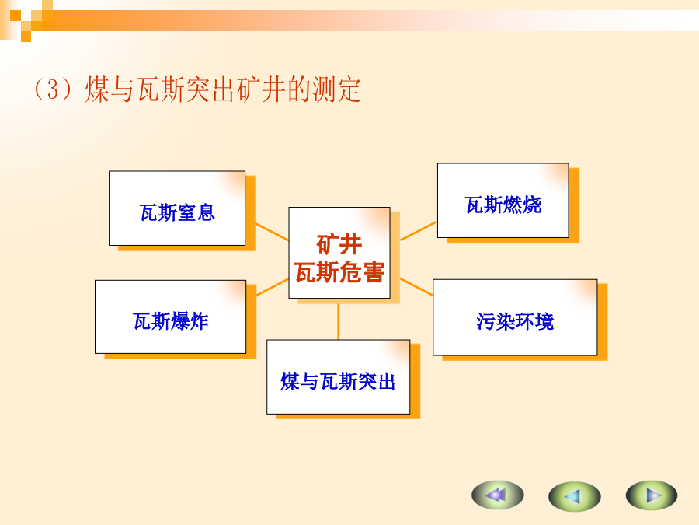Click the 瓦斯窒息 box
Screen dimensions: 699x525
177,208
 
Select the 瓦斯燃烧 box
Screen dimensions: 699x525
503,201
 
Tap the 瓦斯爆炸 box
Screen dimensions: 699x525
170,317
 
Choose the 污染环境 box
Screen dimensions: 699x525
515,317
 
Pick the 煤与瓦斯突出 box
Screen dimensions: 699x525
339,376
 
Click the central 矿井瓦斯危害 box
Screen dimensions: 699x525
339,253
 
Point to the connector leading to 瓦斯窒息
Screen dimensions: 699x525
272,232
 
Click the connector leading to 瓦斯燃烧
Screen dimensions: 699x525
418,231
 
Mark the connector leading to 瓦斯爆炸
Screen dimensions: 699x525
273,287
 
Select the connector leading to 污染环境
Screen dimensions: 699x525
416,286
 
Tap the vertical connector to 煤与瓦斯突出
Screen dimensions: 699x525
339,322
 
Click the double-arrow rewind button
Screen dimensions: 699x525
498,495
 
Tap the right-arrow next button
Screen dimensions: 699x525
652,495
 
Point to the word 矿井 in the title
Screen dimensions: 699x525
262,89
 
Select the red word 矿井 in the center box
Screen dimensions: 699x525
339,244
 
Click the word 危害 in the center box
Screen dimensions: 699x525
362,271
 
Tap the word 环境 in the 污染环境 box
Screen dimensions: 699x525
534,322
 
